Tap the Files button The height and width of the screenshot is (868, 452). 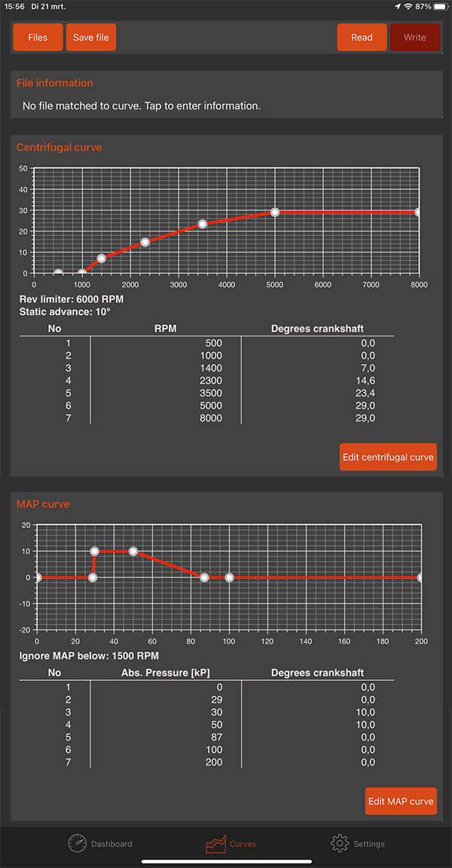[x=38, y=38]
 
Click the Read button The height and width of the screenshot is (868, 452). [x=362, y=38]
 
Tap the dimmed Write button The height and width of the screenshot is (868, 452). [x=414, y=38]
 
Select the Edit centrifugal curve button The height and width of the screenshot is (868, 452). [x=388, y=457]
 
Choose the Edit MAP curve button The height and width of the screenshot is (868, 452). [x=401, y=801]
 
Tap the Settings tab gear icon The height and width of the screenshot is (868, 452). [x=340, y=843]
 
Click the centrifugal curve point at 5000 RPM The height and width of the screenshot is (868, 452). [x=275, y=213]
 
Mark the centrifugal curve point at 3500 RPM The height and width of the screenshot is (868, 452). [x=203, y=224]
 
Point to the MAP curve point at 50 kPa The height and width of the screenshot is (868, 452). [x=133, y=551]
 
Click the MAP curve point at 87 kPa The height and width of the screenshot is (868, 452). [x=204, y=578]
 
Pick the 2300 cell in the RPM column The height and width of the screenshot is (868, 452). [x=210, y=380]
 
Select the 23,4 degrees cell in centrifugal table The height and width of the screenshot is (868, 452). [x=365, y=393]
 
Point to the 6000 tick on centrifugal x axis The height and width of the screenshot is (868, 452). [x=322, y=285]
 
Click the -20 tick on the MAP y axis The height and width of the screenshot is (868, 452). [x=24, y=630]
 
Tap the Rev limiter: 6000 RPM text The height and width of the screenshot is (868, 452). [x=72, y=299]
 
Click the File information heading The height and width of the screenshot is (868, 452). [x=55, y=83]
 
